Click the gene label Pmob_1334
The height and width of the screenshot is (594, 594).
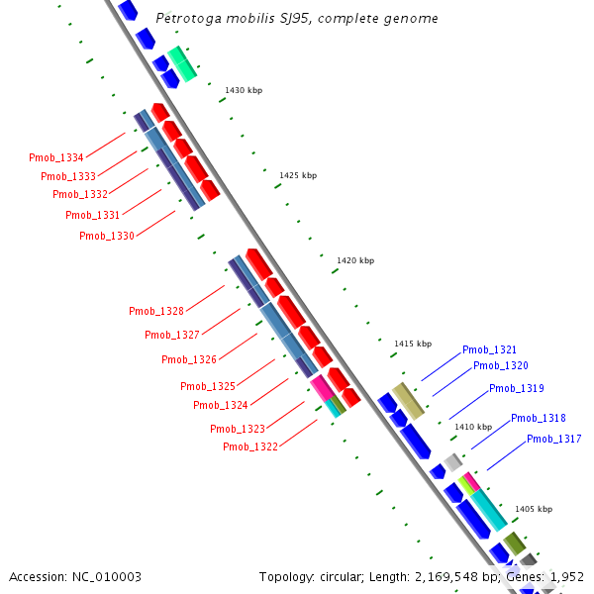pyautogui.click(x=55, y=157)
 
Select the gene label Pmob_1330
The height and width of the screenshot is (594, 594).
pyautogui.click(x=106, y=236)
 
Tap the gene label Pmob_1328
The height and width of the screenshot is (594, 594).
pyautogui.click(x=156, y=311)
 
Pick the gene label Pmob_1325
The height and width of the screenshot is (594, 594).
pyautogui.click(x=208, y=386)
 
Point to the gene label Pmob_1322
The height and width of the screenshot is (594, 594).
pyautogui.click(x=250, y=446)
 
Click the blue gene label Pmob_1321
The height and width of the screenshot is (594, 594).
pyautogui.click(x=489, y=349)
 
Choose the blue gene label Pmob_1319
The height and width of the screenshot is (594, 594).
pyautogui.click(x=516, y=388)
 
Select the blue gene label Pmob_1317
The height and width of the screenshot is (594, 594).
pyautogui.click(x=553, y=439)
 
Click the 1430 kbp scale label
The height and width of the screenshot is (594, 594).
pyautogui.click(x=244, y=90)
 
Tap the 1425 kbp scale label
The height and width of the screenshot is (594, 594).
pyautogui.click(x=298, y=175)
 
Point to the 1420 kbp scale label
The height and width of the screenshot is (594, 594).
pyautogui.click(x=355, y=260)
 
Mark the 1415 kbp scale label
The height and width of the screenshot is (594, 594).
pyautogui.click(x=413, y=344)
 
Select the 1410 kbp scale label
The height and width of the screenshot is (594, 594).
pyautogui.click(x=473, y=427)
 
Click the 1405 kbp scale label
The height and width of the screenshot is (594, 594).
pyautogui.click(x=534, y=509)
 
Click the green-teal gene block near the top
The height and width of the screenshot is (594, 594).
pyautogui.click(x=182, y=63)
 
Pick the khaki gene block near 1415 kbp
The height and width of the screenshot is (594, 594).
pyautogui.click(x=409, y=400)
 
